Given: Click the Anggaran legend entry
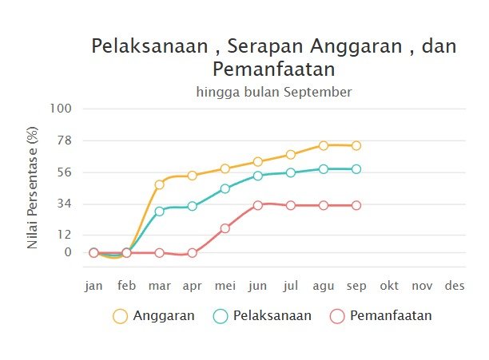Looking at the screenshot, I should (x=153, y=315).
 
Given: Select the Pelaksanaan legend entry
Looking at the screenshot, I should (x=261, y=315).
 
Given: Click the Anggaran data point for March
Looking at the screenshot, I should (x=159, y=184).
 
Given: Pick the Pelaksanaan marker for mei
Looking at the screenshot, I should (x=225, y=189).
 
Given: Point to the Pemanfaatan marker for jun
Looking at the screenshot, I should (x=258, y=205).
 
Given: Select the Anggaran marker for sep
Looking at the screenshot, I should (x=356, y=145).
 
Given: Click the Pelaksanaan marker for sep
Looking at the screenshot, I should (x=356, y=169).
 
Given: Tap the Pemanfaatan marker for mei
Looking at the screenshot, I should (x=225, y=228).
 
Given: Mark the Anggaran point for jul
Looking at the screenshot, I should (x=291, y=155).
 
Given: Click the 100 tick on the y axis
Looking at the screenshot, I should (x=61, y=109).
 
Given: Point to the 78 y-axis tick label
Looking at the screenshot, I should (x=64, y=140).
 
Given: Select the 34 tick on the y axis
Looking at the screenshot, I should (x=64, y=204).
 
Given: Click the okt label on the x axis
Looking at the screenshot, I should (x=389, y=286).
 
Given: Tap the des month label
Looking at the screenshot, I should (x=455, y=286).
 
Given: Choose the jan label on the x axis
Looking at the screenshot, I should (x=93, y=286).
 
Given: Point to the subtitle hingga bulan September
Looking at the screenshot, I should (x=273, y=92).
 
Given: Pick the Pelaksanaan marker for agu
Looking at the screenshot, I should (x=324, y=169).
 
